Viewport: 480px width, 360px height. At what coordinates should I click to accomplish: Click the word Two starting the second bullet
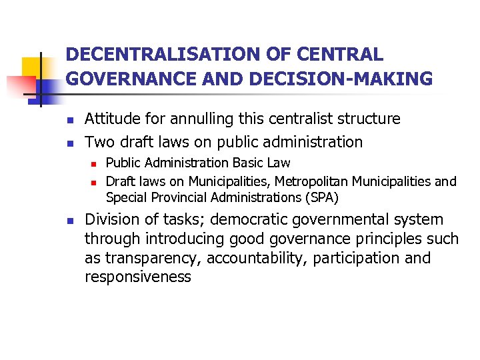coord(99,142)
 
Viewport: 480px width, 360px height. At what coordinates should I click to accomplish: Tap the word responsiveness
coord(138,277)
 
